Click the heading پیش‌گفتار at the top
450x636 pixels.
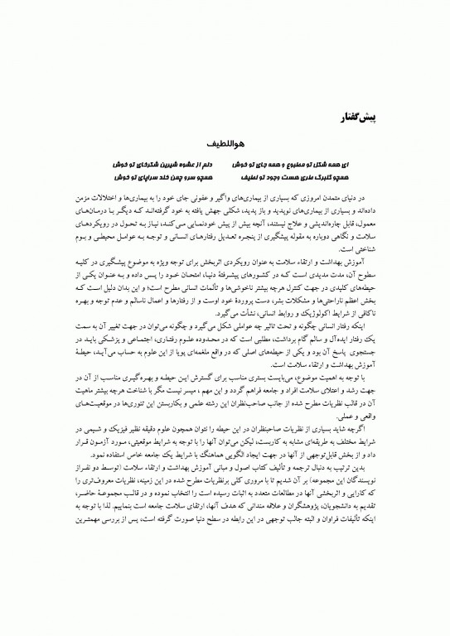coord(360,113)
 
